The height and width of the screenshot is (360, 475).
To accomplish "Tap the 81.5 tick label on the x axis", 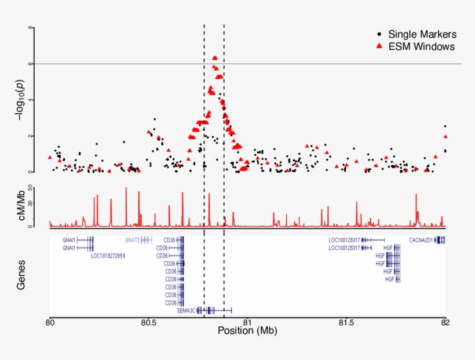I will point(346,322).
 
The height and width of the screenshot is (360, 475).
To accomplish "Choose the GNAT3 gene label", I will point(132,239).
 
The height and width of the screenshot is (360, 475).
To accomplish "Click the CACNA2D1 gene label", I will point(421,239).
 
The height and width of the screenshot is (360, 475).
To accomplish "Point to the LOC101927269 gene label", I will point(107,255).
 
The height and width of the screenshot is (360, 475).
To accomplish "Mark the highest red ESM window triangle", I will point(215,58).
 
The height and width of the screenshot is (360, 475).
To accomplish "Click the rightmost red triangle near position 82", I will point(445,137).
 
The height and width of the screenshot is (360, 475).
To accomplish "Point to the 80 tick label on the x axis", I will point(50,322).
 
